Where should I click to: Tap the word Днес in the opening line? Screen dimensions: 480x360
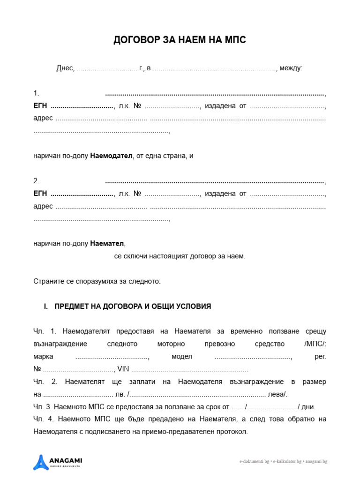65,68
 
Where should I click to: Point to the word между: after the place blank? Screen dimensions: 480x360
291,68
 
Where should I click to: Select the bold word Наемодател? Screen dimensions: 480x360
112,156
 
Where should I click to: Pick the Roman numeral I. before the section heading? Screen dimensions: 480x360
46,307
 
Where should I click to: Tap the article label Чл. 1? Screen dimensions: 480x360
45,331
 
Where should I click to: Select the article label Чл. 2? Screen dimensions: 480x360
45,382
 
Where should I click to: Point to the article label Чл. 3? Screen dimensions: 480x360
44,407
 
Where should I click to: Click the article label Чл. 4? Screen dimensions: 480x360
45,419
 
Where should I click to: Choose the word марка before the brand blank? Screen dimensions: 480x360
43,357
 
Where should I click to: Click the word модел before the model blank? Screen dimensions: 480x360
182,357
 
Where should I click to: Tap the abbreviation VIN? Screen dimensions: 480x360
123,369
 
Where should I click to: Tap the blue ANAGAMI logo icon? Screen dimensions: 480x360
40,462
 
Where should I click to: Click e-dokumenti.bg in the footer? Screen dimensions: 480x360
254,462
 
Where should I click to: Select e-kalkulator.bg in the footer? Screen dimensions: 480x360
287,462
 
